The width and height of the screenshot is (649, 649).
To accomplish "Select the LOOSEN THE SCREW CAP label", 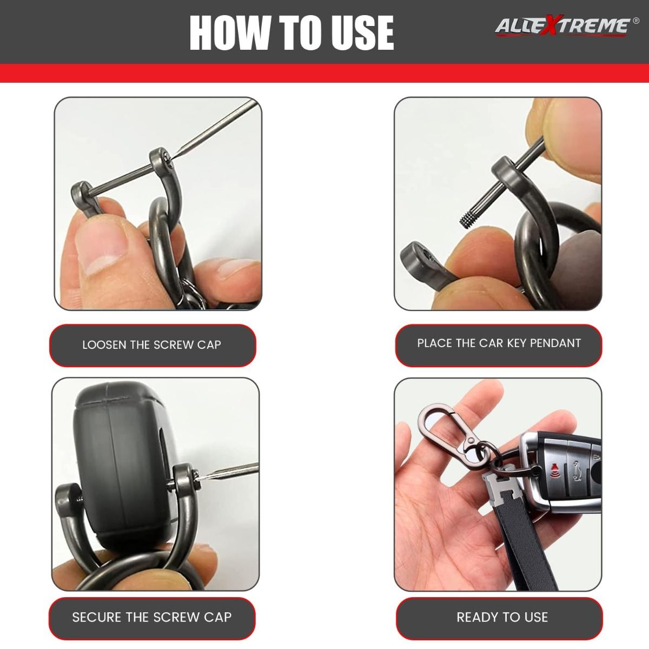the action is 152,345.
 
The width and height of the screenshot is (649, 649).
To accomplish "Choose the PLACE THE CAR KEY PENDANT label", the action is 499,343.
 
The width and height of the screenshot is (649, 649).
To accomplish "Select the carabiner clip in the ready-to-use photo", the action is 448,432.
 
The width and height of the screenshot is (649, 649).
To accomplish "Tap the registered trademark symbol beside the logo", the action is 636,21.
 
